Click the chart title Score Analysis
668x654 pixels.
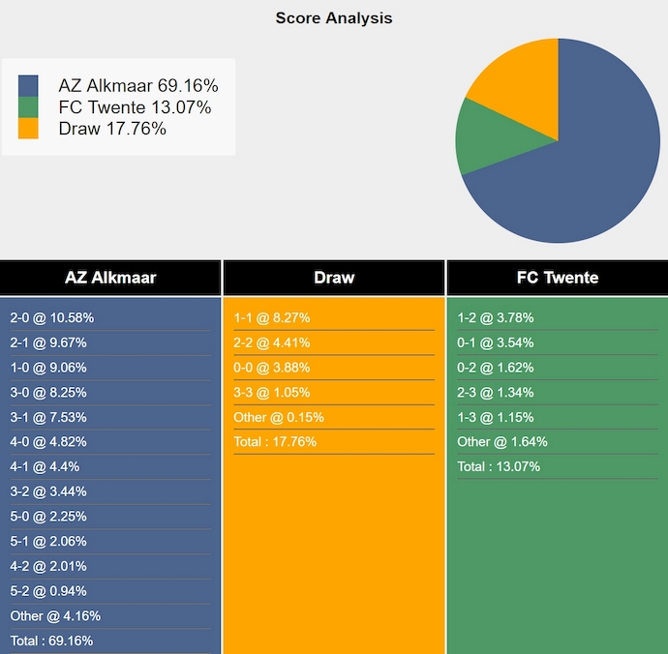pos(334,18)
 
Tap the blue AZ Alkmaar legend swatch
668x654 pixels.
pos(28,86)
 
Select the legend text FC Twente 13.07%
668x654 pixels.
pos(135,107)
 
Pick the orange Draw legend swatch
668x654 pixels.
pos(28,129)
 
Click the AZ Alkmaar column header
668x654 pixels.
pos(110,278)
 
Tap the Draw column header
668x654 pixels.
pos(334,278)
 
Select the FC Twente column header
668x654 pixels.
pos(558,278)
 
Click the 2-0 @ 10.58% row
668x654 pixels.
pos(52,318)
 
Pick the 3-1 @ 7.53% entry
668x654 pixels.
pos(48,417)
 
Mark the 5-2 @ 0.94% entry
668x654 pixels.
pos(48,591)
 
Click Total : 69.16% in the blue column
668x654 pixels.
pos(51,640)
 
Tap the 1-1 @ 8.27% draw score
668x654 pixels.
pos(271,318)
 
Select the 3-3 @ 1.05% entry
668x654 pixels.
pos(271,392)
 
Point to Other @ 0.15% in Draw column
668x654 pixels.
pos(279,417)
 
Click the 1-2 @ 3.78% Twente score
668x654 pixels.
pos(495,318)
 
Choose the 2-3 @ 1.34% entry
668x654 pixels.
pos(495,392)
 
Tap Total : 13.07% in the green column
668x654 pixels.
pos(499,466)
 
